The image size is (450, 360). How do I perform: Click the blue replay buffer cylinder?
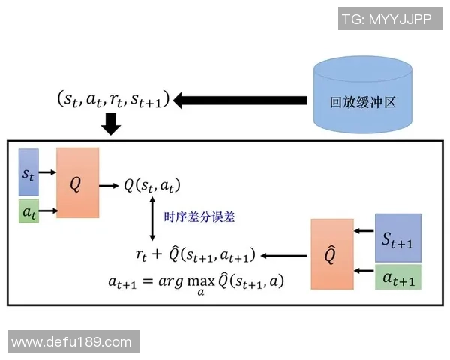(x=363, y=99)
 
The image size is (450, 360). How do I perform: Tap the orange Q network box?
(x=77, y=183)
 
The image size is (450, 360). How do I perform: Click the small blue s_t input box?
(x=28, y=172)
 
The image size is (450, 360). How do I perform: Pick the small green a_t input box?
(x=28, y=211)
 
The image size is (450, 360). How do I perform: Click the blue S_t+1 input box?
(x=397, y=237)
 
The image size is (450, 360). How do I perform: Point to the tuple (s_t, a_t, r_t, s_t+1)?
(x=112, y=98)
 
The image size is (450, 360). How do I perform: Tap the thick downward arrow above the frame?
(x=111, y=123)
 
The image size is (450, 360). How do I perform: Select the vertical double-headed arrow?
(x=153, y=218)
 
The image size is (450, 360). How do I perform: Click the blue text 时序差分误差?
(x=199, y=217)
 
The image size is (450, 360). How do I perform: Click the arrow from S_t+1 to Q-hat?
(x=364, y=233)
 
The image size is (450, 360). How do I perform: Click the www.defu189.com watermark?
(x=72, y=342)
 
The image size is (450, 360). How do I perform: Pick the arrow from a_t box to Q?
(x=47, y=212)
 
